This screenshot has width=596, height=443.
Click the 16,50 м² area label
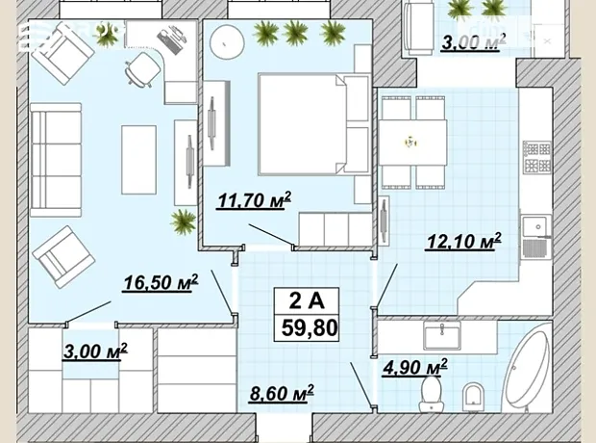tap(161, 282)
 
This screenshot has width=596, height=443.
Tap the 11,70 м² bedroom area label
tap(254, 200)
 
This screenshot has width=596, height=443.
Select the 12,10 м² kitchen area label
tap(464, 241)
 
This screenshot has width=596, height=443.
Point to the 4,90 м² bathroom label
tap(415, 367)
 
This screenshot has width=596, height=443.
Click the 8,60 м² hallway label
tap(282, 393)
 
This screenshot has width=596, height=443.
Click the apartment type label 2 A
tap(307, 300)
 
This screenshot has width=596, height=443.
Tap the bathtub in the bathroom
tap(527, 372)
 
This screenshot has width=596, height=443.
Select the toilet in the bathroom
tap(431, 394)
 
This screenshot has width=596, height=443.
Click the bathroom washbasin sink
tap(442, 335)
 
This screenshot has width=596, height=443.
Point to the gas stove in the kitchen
tap(536, 156)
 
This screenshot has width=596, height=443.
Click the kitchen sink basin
tap(536, 227)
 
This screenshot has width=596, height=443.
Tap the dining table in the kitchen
tap(412, 143)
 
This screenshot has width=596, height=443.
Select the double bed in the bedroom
tap(314, 124)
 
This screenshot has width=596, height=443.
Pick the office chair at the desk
tap(141, 69)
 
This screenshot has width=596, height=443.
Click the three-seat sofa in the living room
tap(56, 160)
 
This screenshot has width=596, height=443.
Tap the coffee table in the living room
tap(138, 160)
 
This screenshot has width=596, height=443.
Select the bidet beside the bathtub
tap(473, 398)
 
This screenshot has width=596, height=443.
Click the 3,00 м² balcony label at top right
tap(474, 42)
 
